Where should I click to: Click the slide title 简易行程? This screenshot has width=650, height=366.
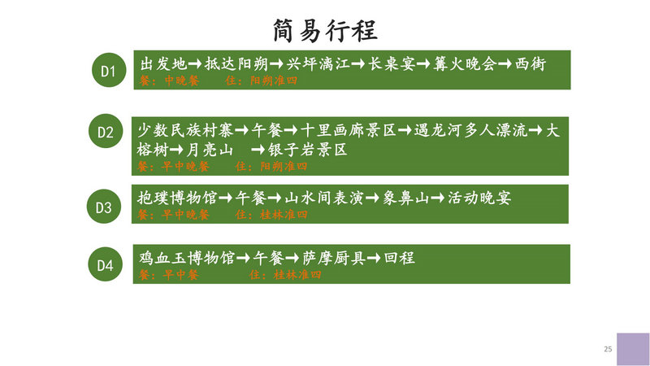pos(325,31)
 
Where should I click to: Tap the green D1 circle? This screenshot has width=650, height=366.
pos(109,70)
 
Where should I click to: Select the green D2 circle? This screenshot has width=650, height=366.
pos(106,131)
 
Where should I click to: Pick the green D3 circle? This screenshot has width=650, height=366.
pos(104,207)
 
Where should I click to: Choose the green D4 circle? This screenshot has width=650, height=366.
pos(106,264)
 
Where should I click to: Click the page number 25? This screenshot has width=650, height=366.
pos(608,349)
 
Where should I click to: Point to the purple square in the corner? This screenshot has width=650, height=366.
pos(633,349)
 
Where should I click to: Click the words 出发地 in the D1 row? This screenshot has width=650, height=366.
pos(163,64)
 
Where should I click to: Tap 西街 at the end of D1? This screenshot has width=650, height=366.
pos(531,64)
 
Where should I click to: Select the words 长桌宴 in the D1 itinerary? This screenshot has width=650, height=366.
pos(392,64)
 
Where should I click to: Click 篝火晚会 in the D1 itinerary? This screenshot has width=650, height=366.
pos(465,64)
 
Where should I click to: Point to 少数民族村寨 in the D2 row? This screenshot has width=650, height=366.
pos(185,130)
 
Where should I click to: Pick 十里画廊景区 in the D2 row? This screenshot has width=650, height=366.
pos(349,130)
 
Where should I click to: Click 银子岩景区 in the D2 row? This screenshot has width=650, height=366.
pos(307,150)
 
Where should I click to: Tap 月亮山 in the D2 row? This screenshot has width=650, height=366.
pos(210,150)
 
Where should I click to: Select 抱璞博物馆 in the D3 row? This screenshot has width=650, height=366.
pos(177,198)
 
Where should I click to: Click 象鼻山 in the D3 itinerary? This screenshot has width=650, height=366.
pos(405,198)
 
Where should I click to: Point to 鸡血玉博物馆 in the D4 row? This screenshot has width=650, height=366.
pos(187,258)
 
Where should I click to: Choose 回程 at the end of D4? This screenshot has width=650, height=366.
pos(399,258)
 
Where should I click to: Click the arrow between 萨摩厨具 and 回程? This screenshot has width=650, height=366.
pos(374,258)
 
